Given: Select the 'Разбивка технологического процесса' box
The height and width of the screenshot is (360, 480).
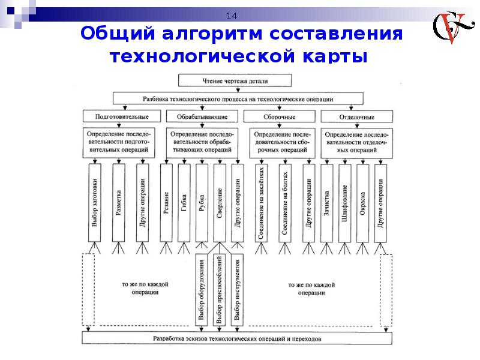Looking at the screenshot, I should [x=238, y=98].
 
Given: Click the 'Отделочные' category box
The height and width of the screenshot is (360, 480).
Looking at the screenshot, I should [x=356, y=115].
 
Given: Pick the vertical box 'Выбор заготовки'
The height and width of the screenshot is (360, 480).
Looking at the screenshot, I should [x=95, y=202].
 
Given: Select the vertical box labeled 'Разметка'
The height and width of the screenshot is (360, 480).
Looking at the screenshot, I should [x=118, y=202].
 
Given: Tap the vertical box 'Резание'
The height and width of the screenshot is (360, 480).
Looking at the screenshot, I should [x=166, y=202].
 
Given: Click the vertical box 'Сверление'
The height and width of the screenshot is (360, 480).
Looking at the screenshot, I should [x=220, y=202].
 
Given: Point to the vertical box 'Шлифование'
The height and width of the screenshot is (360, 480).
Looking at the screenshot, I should [x=344, y=202].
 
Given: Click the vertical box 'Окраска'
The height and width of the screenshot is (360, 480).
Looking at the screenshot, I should [x=362, y=202].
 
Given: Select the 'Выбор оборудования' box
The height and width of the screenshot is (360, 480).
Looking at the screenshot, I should [x=202, y=290].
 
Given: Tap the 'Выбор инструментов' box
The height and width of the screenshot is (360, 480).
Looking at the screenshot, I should [x=238, y=290].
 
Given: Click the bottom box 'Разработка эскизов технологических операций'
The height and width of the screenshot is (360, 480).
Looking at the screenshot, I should [x=238, y=338].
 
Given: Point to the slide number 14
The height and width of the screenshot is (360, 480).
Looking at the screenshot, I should [x=231, y=16].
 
